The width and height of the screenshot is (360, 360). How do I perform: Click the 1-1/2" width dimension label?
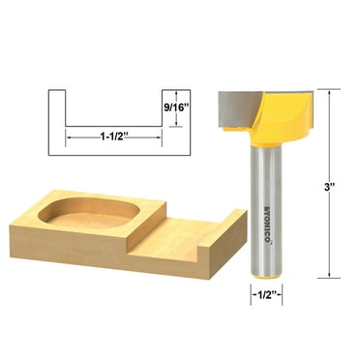pos(114,137)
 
